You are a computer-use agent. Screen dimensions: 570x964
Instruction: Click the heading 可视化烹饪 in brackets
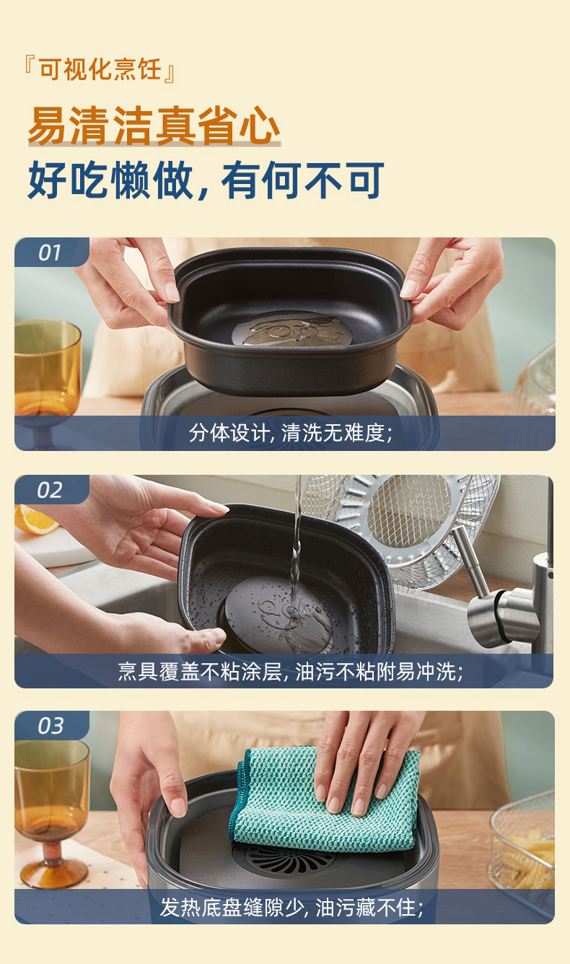point(100,69)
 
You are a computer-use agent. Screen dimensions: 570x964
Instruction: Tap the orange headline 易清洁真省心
point(154,126)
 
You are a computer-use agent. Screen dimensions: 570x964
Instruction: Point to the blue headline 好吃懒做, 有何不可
point(206,180)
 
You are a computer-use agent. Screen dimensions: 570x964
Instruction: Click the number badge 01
point(50,253)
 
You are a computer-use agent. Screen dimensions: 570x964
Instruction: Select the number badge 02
point(50,490)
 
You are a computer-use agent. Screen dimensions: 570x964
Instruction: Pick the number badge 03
point(51,726)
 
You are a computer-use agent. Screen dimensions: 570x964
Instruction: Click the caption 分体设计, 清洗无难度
point(291,432)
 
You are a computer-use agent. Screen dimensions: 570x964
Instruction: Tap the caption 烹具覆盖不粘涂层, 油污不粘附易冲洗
point(291,671)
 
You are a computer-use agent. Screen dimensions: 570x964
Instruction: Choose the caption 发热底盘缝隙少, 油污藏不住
point(291,908)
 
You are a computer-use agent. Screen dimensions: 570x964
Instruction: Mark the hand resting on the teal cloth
point(366,762)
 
